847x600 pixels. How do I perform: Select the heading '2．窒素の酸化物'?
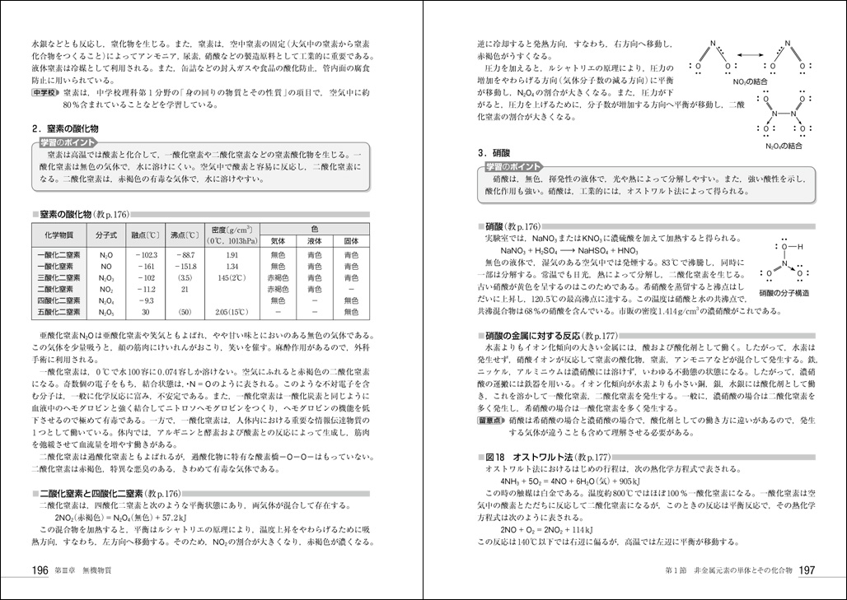pyautogui.click(x=65, y=129)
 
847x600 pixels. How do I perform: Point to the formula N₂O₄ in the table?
pyautogui.click(x=106, y=301)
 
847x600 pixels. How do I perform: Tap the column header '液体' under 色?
pyautogui.click(x=314, y=241)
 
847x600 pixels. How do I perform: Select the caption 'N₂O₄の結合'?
pyautogui.click(x=782, y=146)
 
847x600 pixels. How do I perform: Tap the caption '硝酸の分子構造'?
pyautogui.click(x=784, y=292)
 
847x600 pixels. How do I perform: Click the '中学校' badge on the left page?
pyautogui.click(x=45, y=94)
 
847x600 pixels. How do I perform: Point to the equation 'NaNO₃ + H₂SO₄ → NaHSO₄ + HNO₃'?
pyautogui.click(x=569, y=249)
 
